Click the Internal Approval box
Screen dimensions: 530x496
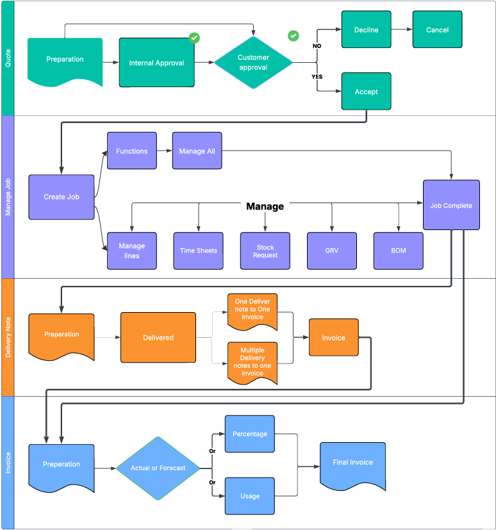point(156,63)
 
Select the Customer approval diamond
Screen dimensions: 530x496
point(253,62)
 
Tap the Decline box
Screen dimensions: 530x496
point(366,29)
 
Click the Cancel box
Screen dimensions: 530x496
point(437,29)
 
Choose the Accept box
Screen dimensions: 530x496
point(366,92)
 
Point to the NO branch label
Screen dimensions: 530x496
point(317,46)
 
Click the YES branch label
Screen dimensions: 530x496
point(317,76)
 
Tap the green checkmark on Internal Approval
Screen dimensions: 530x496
point(194,38)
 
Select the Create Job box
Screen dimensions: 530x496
point(62,197)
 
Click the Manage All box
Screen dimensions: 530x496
point(197,151)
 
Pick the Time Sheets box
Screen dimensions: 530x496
point(198,251)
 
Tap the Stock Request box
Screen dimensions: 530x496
point(265,251)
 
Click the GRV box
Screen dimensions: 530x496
point(332,251)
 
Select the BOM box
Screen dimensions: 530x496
point(399,251)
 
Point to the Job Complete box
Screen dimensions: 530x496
point(451,205)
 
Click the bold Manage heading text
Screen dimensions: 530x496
point(265,206)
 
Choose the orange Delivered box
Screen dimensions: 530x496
point(158,337)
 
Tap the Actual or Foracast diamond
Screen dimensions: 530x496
point(158,468)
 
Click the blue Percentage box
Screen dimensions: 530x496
point(250,434)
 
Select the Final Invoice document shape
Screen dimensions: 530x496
point(352,463)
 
